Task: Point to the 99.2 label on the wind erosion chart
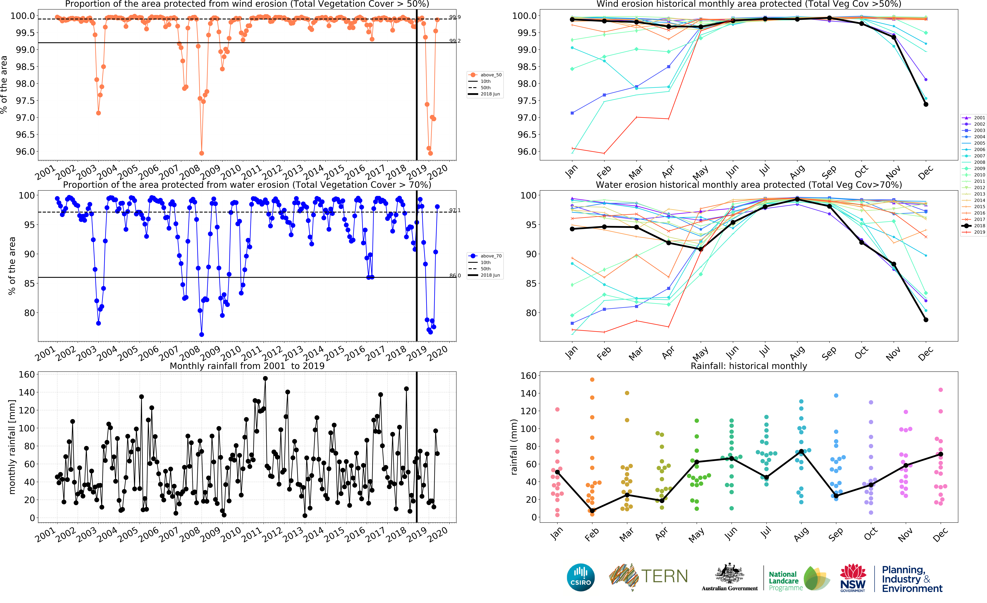click(455, 41)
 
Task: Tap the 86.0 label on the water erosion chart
click(455, 276)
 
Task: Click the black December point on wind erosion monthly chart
click(926, 105)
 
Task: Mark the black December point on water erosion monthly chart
click(926, 320)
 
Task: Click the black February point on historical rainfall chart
click(592, 510)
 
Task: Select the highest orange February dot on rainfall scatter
click(592, 379)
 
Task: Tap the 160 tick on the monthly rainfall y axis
click(27, 375)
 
